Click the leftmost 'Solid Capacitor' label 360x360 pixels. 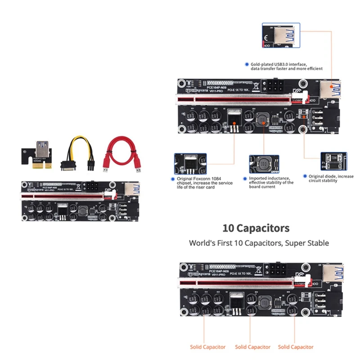[208, 347]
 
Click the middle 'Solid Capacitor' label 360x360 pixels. [252, 347]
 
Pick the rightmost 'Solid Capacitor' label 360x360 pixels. [296, 347]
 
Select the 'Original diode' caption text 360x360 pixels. [331, 179]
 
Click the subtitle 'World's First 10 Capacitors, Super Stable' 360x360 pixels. [259, 243]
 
